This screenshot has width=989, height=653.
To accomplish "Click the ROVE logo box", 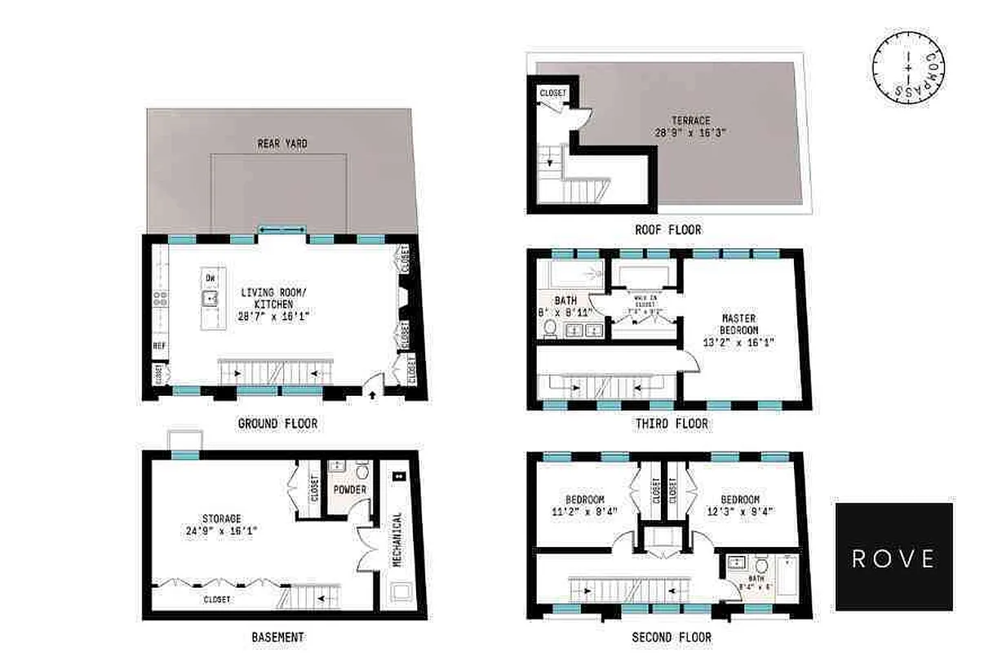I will tap(894, 557).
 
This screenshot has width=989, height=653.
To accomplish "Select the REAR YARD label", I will tap(282, 144).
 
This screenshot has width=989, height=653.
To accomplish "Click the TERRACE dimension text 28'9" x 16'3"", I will tap(690, 131).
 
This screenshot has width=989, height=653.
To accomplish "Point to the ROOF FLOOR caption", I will tap(667, 230).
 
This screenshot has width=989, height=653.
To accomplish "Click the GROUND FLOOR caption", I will tap(277, 424).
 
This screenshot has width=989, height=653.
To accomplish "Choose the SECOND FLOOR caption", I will tap(672, 637).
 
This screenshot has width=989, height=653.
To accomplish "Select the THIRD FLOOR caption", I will tap(672, 424).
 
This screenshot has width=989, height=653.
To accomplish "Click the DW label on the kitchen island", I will tap(211, 279).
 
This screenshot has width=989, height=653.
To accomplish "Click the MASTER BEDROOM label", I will tap(738, 324).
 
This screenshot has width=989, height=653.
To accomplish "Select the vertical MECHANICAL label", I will tap(397, 539).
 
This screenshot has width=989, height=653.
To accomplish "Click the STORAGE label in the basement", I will tap(222, 518).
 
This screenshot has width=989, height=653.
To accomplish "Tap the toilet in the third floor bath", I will tap(550, 328).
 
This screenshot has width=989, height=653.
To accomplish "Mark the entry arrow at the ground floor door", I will tap(374, 395).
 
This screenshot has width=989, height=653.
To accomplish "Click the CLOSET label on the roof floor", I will tap(552, 94).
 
